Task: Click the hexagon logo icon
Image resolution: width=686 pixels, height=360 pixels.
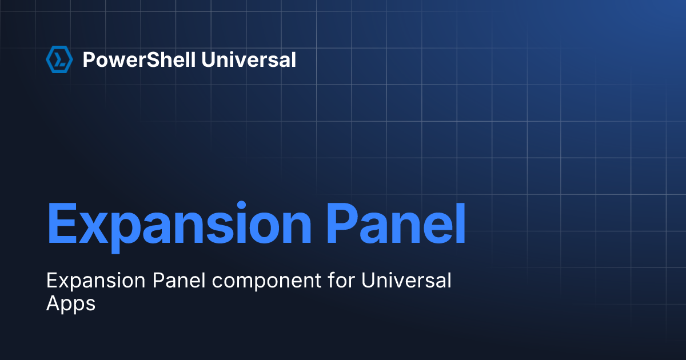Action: (59, 59)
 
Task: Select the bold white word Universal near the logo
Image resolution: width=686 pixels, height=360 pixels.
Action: (250, 59)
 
